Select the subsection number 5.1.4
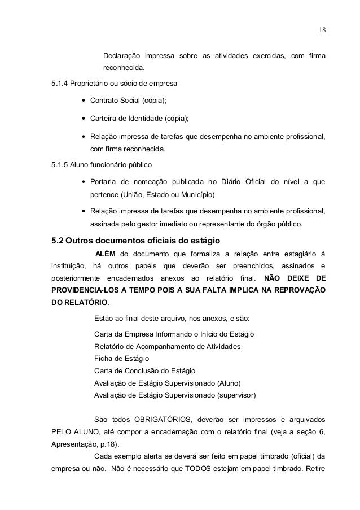(59, 84)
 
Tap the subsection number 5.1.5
(59, 164)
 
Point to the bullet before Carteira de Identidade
(84, 119)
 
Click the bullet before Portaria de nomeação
(84, 182)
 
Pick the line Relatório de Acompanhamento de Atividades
(167, 346)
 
